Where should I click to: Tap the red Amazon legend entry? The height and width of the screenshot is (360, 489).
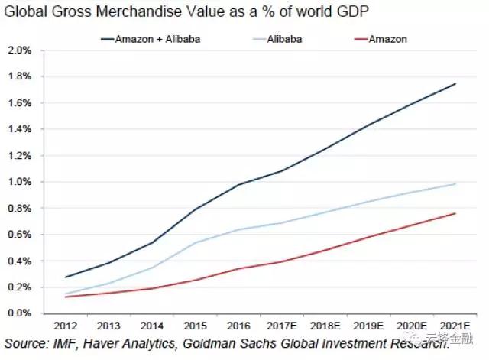point(387,38)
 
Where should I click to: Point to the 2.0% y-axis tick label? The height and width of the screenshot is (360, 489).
point(20,50)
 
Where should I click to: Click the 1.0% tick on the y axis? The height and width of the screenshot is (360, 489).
point(20,182)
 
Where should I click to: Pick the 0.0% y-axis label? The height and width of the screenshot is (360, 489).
point(20,313)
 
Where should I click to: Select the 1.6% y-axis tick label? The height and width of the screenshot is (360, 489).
point(20,103)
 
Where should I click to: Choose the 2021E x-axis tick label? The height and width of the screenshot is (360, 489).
point(455,324)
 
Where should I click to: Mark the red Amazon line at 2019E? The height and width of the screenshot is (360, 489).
point(368,237)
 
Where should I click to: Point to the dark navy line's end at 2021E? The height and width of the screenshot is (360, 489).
point(455,84)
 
